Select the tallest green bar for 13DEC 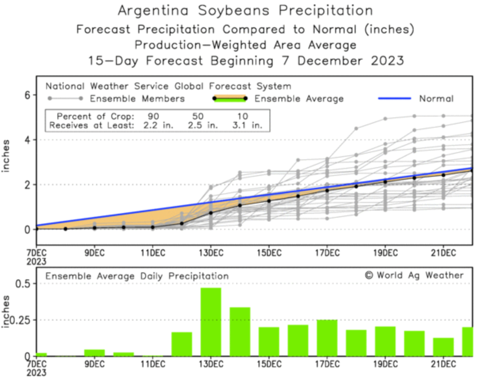click(x=211, y=322)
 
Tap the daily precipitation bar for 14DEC click(x=240, y=332)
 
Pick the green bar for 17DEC click(x=327, y=338)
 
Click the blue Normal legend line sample click(x=394, y=98)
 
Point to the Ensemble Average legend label click(x=299, y=99)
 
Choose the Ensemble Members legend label click(x=137, y=99)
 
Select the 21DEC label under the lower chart click(x=443, y=363)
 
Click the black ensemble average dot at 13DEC click(x=211, y=213)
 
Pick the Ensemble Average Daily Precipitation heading click(x=137, y=276)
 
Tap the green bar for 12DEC click(x=182, y=344)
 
